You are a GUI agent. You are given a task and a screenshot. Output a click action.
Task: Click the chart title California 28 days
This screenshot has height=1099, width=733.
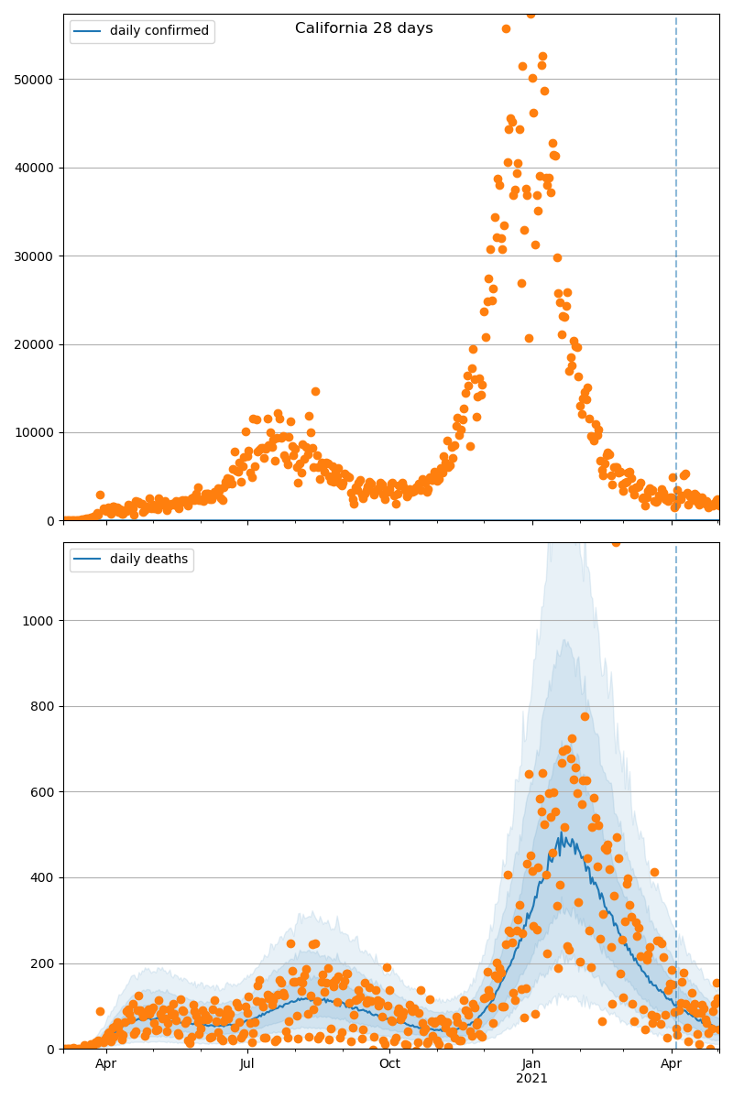pos(364,28)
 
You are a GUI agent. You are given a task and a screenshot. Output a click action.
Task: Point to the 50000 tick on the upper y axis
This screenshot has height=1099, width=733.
pos(38,80)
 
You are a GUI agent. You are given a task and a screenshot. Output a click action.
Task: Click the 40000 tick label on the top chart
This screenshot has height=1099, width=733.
pos(38,168)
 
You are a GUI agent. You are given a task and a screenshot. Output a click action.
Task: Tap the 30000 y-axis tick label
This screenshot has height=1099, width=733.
pos(38,256)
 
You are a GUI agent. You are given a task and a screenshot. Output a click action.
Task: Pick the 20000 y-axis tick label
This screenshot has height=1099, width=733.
pos(38,344)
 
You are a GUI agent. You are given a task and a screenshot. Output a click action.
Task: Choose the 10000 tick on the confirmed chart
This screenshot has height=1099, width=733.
pos(38,432)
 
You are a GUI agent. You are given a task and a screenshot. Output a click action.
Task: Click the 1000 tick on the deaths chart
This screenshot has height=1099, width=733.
pos(41,621)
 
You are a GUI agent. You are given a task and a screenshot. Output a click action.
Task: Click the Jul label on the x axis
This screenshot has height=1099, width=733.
pos(247,1064)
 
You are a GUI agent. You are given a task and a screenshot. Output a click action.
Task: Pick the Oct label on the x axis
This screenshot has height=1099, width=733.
pos(390,1064)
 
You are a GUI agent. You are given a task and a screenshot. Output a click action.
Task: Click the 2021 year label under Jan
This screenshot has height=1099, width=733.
pos(531,1079)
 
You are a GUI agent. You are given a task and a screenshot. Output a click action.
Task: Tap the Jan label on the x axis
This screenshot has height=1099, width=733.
pos(531,1064)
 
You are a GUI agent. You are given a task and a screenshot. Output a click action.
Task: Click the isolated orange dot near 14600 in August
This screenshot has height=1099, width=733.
pos(315,391)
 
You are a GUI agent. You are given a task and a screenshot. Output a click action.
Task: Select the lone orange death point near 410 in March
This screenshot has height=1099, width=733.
pos(654,872)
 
